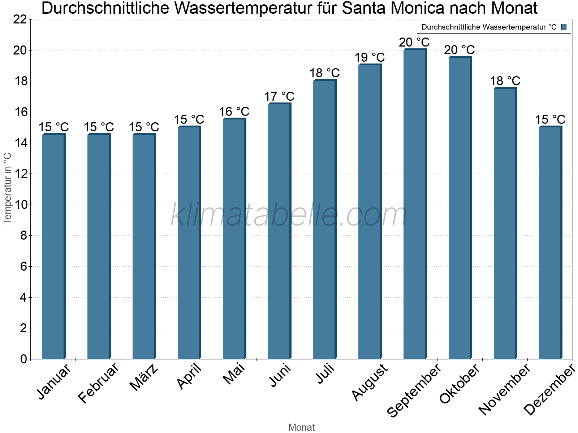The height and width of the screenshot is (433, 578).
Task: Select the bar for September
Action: [415, 204]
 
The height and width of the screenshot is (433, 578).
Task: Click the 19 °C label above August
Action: [370, 57]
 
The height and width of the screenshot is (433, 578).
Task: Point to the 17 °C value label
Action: [279, 96]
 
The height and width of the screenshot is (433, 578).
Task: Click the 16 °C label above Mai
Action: [234, 111]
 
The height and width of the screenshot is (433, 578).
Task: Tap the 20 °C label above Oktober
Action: [460, 50]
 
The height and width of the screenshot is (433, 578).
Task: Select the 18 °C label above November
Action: [505, 81]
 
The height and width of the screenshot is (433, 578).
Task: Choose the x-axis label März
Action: [144, 377]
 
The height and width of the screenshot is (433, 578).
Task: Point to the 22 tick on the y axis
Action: [20, 19]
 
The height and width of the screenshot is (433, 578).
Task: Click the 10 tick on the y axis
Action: [20, 205]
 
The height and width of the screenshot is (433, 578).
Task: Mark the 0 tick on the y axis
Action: [23, 359]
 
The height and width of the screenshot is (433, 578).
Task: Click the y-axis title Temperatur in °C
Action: [8, 188]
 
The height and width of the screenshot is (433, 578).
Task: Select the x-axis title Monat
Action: [302, 428]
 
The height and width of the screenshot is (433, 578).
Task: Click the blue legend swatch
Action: [564, 27]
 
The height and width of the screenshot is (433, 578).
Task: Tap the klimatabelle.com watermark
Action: [289, 215]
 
